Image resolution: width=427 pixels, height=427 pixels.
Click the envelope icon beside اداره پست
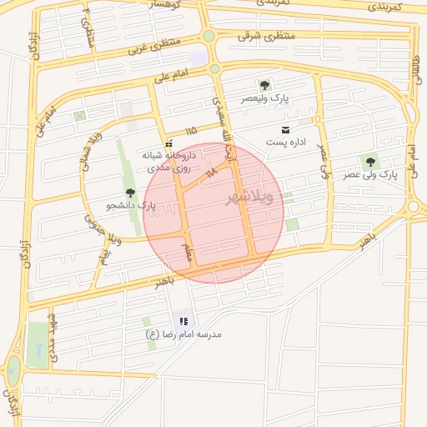pos(286,129)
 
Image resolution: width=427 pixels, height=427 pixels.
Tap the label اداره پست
pos(287,143)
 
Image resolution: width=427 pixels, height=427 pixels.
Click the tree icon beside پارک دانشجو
pos(129,193)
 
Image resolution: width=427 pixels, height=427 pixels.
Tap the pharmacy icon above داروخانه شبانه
pos(169,142)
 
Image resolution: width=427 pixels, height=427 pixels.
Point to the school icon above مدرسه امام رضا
pos(183,321)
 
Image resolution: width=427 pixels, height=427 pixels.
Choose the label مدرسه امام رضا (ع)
pos(183,334)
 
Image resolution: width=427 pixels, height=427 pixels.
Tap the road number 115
pos(192,131)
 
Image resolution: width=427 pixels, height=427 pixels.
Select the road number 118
pos(210,172)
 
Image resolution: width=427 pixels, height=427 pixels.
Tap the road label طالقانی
pos(414,66)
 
